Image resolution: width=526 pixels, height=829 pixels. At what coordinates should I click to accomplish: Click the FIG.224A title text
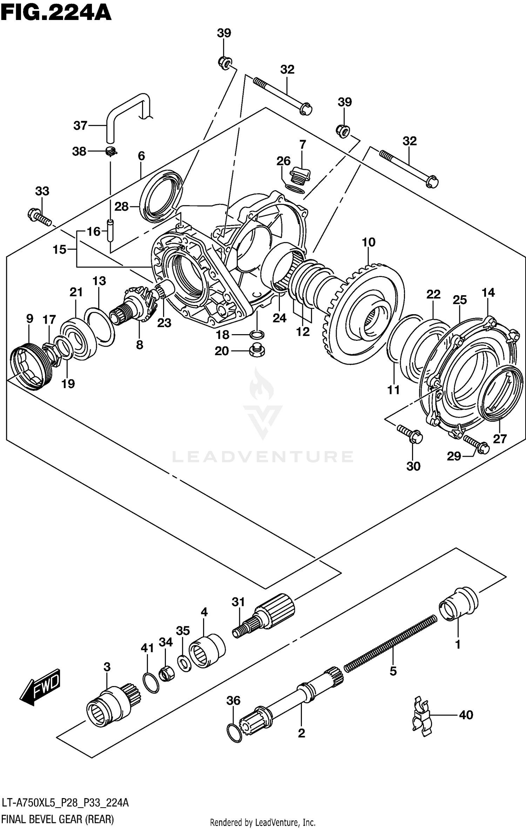(56, 14)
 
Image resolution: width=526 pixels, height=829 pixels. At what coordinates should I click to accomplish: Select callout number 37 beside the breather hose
(80, 125)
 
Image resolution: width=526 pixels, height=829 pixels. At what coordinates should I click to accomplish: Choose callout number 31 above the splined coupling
(238, 602)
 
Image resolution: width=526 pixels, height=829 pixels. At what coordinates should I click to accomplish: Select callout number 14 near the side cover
(488, 292)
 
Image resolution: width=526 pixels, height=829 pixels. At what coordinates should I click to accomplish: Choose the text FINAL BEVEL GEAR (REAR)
(58, 819)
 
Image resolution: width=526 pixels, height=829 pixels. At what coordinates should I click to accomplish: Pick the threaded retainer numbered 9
(29, 367)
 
